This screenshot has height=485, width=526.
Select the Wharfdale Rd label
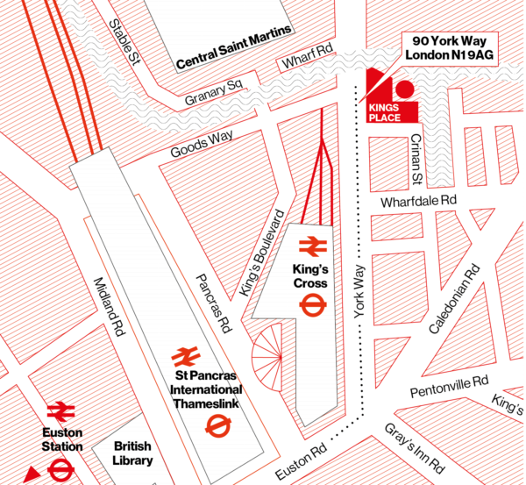click(x=419, y=201)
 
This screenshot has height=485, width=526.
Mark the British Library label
click(x=133, y=453)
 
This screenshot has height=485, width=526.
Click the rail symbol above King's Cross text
click(x=311, y=246)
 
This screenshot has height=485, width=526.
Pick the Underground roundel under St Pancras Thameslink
click(x=214, y=425)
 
